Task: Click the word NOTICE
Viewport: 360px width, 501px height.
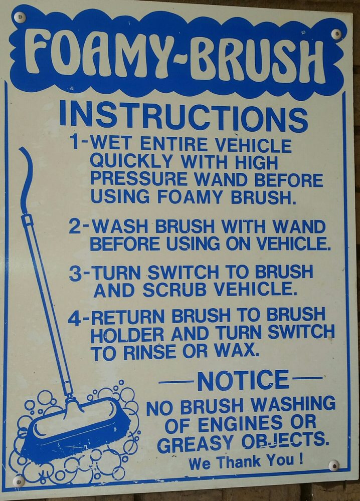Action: pos(243,381)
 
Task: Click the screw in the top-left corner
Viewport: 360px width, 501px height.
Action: pos(20,17)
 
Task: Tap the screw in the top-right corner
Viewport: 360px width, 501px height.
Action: pos(337,34)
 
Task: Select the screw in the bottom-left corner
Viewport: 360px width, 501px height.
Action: pos(19,481)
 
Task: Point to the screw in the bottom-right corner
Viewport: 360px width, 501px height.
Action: pos(333,465)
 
